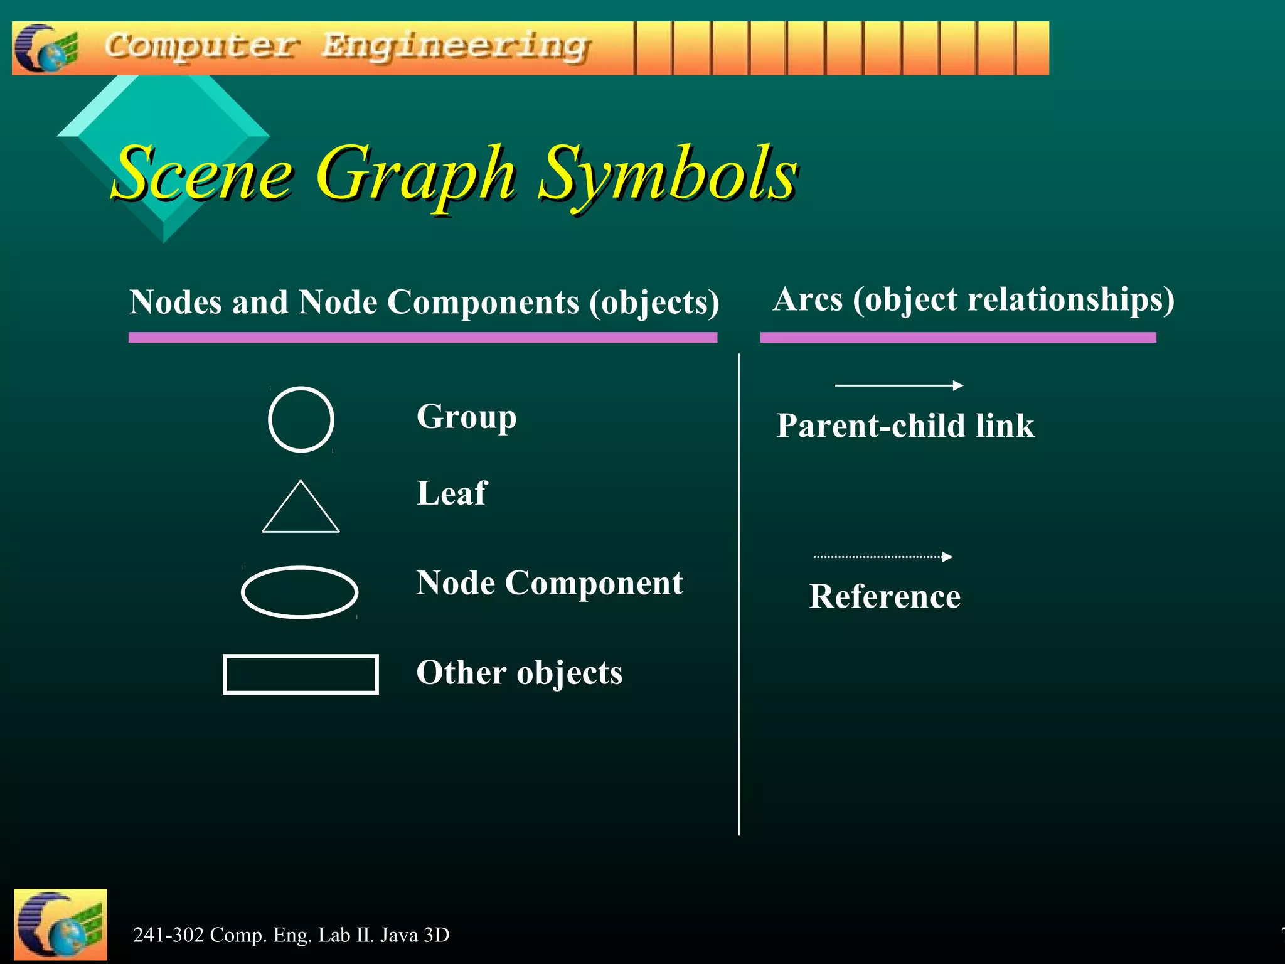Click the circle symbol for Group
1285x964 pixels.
point(301,419)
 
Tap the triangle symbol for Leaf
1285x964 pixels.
point(301,510)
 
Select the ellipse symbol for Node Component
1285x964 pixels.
point(300,592)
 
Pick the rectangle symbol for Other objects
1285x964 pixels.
point(301,674)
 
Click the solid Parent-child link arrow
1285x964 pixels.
point(898,385)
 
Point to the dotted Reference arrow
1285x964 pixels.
point(883,557)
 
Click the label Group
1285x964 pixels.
point(466,417)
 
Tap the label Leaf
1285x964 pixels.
point(451,493)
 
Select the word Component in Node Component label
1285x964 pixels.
point(594,583)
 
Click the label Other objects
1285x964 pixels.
point(520,673)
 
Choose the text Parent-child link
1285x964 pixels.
point(905,426)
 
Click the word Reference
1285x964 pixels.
point(885,596)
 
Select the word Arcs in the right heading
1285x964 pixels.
point(808,299)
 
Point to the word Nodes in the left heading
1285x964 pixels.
point(176,303)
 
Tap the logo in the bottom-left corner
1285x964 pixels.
point(60,924)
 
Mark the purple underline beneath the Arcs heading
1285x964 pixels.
point(957,338)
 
